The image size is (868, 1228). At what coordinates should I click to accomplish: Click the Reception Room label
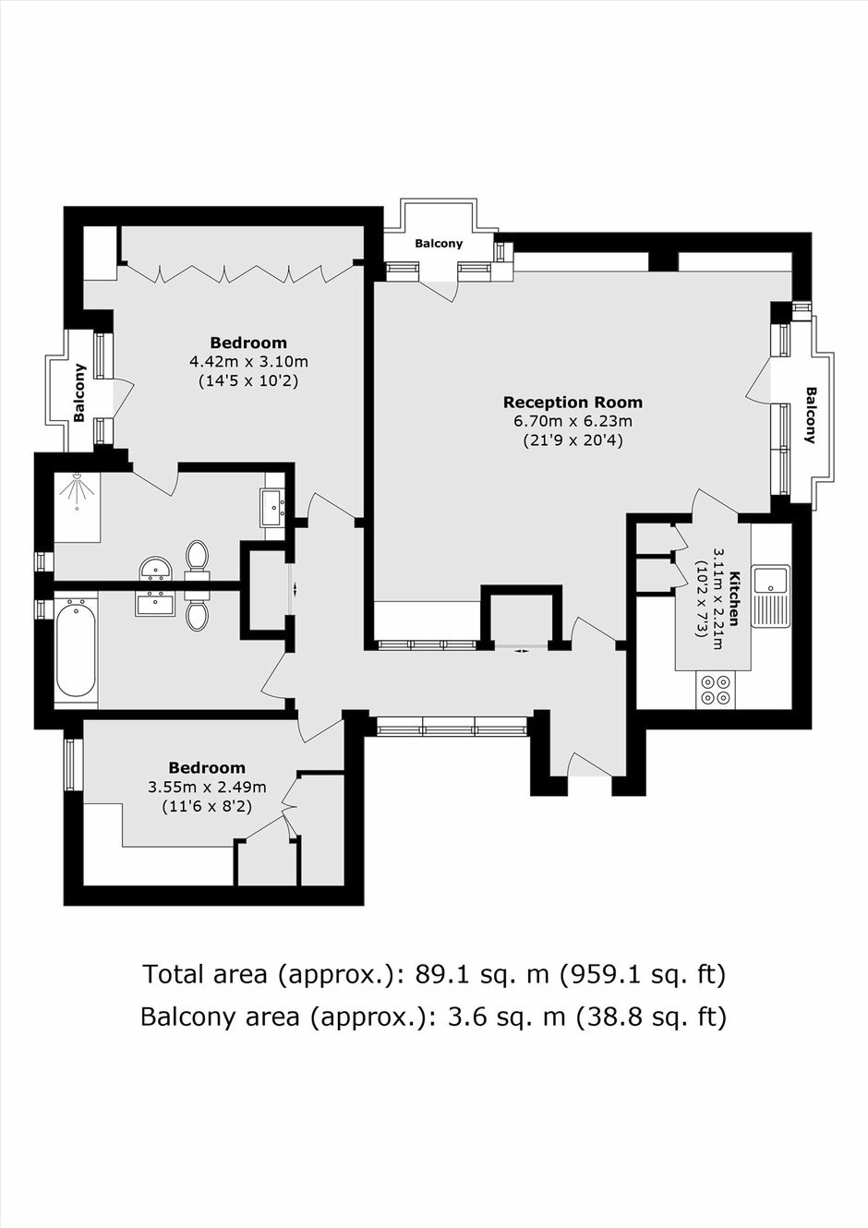pyautogui.click(x=573, y=403)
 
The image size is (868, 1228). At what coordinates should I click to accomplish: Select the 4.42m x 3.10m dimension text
pyautogui.click(x=248, y=362)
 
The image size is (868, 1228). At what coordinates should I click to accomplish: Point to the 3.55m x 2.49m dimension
pyautogui.click(x=207, y=788)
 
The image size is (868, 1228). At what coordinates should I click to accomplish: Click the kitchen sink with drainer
pyautogui.click(x=770, y=596)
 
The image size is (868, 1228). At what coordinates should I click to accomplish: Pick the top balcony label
pyautogui.click(x=439, y=244)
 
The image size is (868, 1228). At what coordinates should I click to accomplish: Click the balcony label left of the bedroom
pyautogui.click(x=79, y=392)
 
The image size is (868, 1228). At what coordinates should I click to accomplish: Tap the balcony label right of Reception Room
pyautogui.click(x=811, y=415)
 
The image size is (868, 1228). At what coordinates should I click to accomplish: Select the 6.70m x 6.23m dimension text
pyautogui.click(x=573, y=422)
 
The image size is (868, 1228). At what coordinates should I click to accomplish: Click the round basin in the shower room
pyautogui.click(x=156, y=568)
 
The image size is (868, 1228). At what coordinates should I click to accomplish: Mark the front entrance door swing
pyautogui.click(x=589, y=764)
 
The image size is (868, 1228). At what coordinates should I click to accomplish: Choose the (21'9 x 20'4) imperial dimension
pyautogui.click(x=573, y=440)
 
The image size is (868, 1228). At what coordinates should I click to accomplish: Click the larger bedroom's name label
pyautogui.click(x=248, y=343)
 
